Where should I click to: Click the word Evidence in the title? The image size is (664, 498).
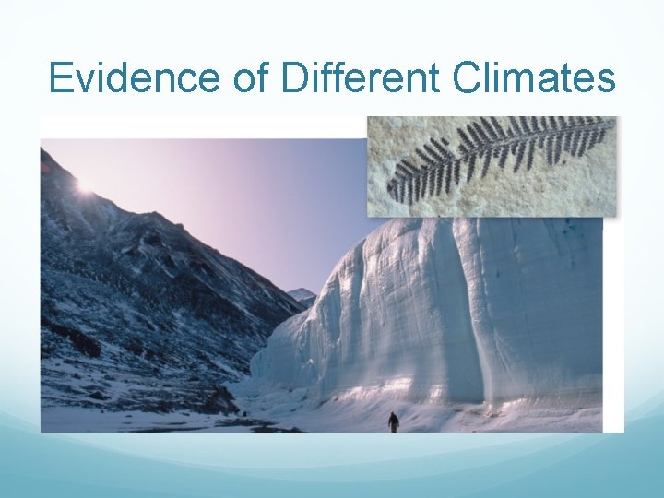(x=134, y=78)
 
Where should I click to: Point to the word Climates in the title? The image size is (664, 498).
(x=535, y=78)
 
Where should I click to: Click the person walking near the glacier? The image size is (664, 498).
(x=394, y=421)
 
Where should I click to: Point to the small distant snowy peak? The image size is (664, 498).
(x=302, y=296)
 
